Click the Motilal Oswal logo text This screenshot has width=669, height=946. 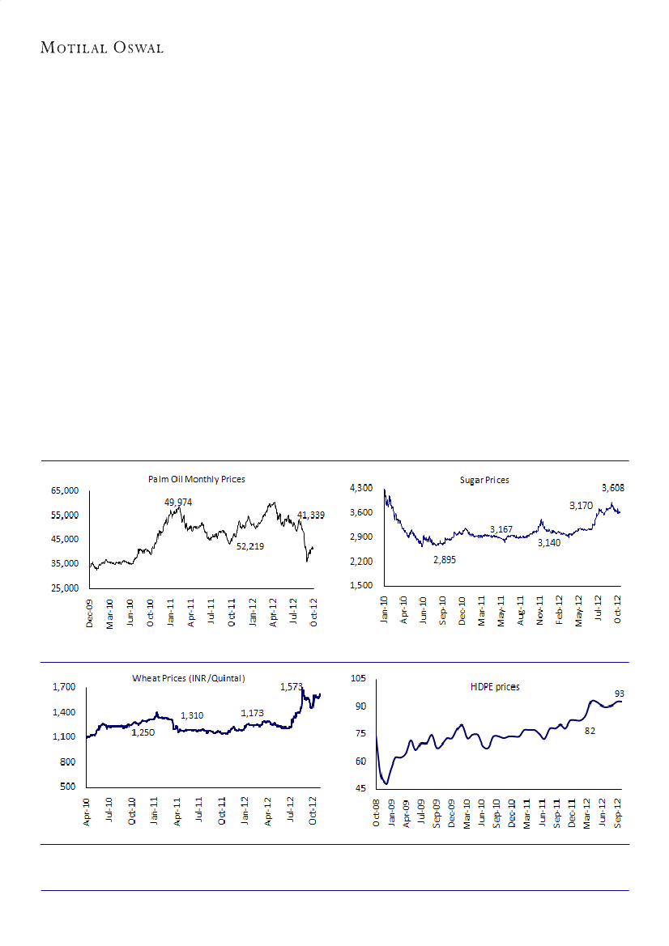click(x=102, y=49)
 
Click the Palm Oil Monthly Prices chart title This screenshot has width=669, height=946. click(x=197, y=480)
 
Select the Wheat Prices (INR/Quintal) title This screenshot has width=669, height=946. click(x=189, y=677)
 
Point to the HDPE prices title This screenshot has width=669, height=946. click(x=495, y=686)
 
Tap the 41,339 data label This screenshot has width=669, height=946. click(x=313, y=515)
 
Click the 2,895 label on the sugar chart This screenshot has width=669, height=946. click(x=444, y=559)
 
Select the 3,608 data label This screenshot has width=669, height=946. click(x=613, y=488)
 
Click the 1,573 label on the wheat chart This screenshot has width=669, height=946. click(x=292, y=687)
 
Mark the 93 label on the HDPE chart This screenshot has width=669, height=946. click(x=620, y=694)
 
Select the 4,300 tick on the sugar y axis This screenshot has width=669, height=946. click(x=360, y=487)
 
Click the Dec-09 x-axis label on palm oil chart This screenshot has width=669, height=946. click(x=90, y=613)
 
